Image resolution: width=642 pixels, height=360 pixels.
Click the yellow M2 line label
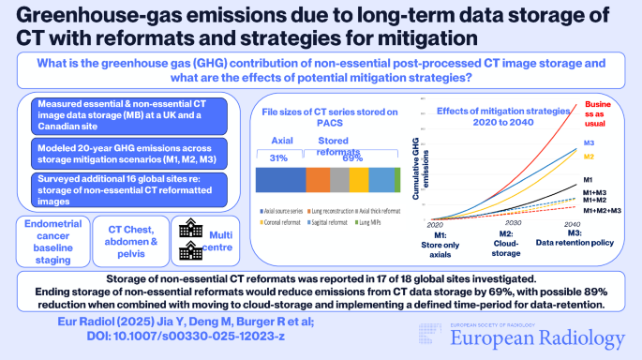click(x=590, y=156)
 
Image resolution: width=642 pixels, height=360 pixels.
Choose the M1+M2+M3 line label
click(x=603, y=211)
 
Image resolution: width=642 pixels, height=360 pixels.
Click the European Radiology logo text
click(x=546, y=338)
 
